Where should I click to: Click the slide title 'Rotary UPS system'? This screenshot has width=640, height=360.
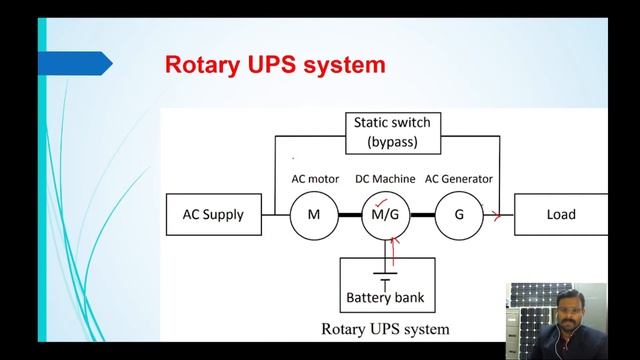[x=274, y=66]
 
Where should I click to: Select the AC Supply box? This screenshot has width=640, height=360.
[x=212, y=215]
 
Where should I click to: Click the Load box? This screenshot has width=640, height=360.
[x=561, y=215]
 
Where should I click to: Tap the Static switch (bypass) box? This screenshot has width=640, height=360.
[x=392, y=132]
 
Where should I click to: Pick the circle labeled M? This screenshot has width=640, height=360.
[x=314, y=215]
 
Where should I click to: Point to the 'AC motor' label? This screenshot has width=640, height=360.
[x=315, y=179]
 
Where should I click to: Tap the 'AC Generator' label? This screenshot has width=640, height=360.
[x=459, y=179]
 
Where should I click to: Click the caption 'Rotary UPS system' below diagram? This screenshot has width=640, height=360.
[x=385, y=328]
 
